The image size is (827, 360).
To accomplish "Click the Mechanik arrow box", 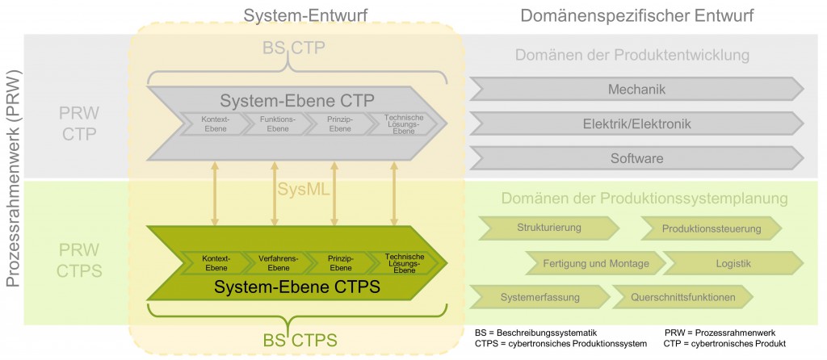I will pyautogui.click(x=636, y=89).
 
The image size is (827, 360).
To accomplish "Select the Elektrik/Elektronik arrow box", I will pyautogui.click(x=636, y=123).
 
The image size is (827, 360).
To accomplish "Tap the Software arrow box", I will pyautogui.click(x=636, y=158).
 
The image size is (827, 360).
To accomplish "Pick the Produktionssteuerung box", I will pyautogui.click(x=711, y=228).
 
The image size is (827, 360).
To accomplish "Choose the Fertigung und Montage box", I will pyautogui.click(x=596, y=263).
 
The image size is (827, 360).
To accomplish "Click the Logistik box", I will pyautogui.click(x=733, y=263).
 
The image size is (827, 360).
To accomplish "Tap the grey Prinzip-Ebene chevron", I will pyautogui.click(x=338, y=123).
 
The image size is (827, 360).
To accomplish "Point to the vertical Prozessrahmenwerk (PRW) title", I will pyautogui.click(x=14, y=178).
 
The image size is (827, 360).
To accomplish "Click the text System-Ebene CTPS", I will pyautogui.click(x=296, y=286).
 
